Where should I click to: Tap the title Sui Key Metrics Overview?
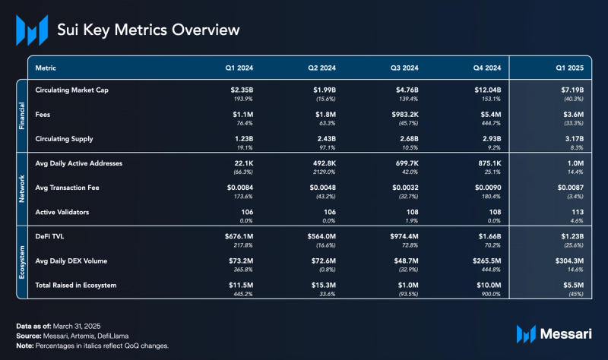click(148, 30)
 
